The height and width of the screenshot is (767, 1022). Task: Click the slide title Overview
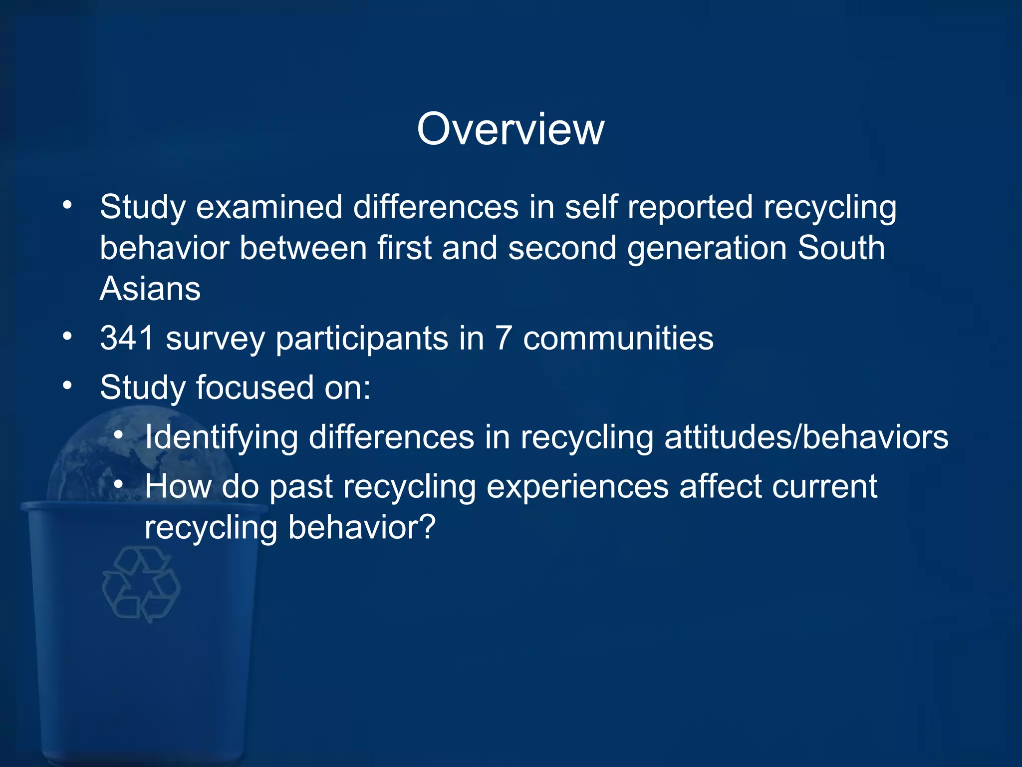[511, 129]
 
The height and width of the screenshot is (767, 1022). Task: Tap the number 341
[127, 338]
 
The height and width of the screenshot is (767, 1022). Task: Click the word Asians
[150, 289]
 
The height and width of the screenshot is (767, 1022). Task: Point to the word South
[841, 248]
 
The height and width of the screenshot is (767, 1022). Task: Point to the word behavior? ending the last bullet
[362, 527]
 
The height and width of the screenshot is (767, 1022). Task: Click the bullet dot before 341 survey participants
[67, 336]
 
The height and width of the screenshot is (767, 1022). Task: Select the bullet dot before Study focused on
[67, 385]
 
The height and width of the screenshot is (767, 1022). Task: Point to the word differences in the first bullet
[436, 207]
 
